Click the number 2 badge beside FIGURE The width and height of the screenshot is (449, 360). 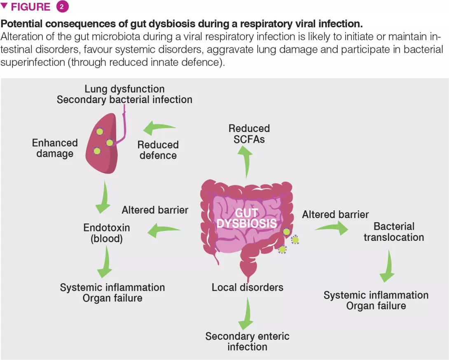62,7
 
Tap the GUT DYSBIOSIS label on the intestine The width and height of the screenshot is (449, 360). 246,218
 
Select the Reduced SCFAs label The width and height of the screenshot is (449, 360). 249,134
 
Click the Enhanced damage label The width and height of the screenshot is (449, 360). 55,148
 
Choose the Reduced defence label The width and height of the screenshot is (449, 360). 158,150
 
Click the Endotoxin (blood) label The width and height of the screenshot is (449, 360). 107,233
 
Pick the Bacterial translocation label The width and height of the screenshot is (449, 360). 394,232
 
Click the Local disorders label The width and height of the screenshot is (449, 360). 248,287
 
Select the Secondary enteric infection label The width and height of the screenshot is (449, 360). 247,341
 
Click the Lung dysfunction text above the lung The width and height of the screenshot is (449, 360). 124,89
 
